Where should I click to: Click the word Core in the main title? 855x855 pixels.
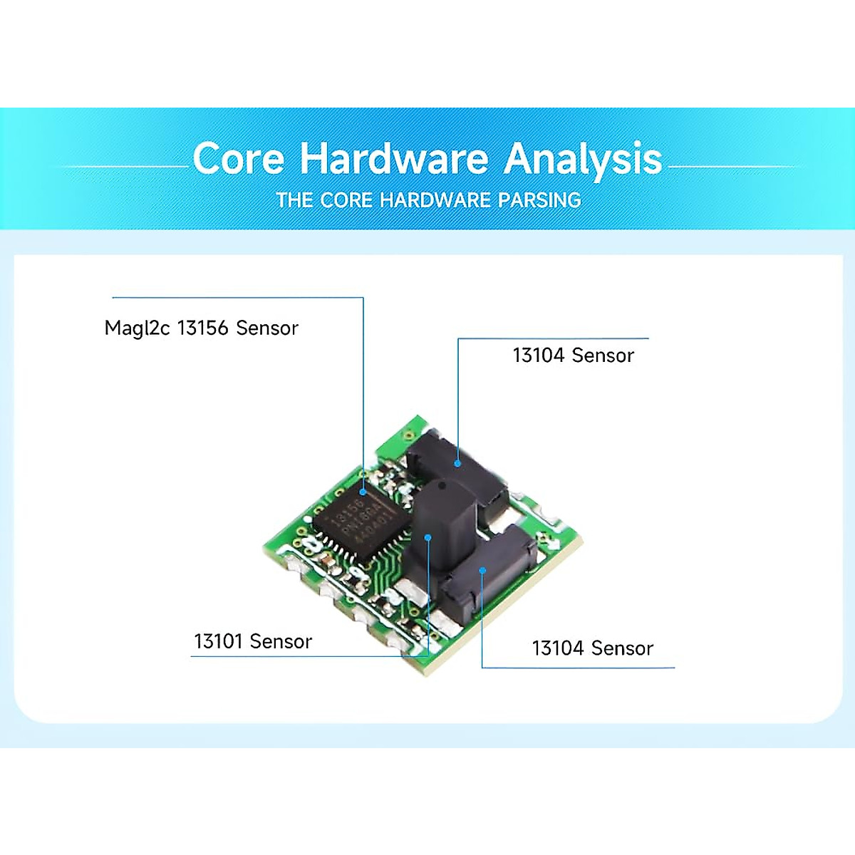tap(238, 158)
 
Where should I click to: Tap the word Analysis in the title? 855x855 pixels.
tap(583, 160)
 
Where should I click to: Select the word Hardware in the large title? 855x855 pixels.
tap(393, 158)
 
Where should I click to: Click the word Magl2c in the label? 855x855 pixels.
tap(137, 328)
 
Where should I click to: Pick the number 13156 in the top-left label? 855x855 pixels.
tap(202, 328)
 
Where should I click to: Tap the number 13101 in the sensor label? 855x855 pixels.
tap(219, 641)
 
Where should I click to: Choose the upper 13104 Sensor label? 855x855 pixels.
tap(573, 355)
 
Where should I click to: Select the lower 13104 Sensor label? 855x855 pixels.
tap(592, 648)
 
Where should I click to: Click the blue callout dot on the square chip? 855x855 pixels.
tap(363, 492)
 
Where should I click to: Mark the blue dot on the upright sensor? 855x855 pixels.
tap(428, 538)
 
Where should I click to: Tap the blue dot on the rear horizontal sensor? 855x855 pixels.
tap(457, 463)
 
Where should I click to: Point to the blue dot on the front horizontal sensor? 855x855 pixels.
tap(482, 570)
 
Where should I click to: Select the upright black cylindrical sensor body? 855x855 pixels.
tap(442, 527)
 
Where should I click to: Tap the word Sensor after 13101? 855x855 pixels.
tap(282, 641)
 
